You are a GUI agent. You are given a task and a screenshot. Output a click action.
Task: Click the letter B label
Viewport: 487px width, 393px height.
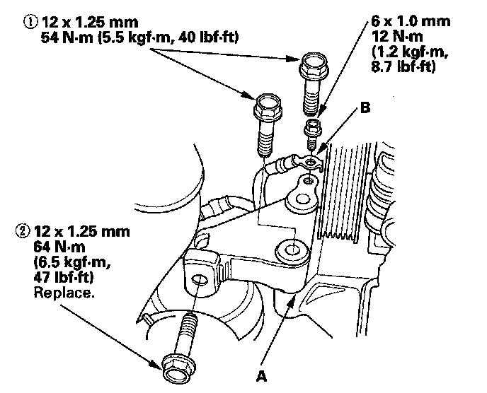pyautogui.click(x=365, y=110)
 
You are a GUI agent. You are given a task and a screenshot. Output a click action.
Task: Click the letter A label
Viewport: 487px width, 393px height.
pyautogui.click(x=261, y=376)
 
